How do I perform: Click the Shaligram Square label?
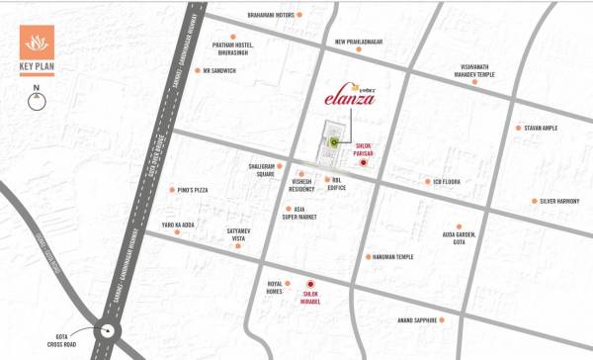pos(255,170)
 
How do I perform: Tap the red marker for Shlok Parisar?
pos(363,163)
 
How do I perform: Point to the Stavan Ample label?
pos(543,128)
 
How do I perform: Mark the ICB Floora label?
pos(447,182)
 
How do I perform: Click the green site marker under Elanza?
pos(334,144)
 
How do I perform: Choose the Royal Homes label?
pos(275,287)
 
